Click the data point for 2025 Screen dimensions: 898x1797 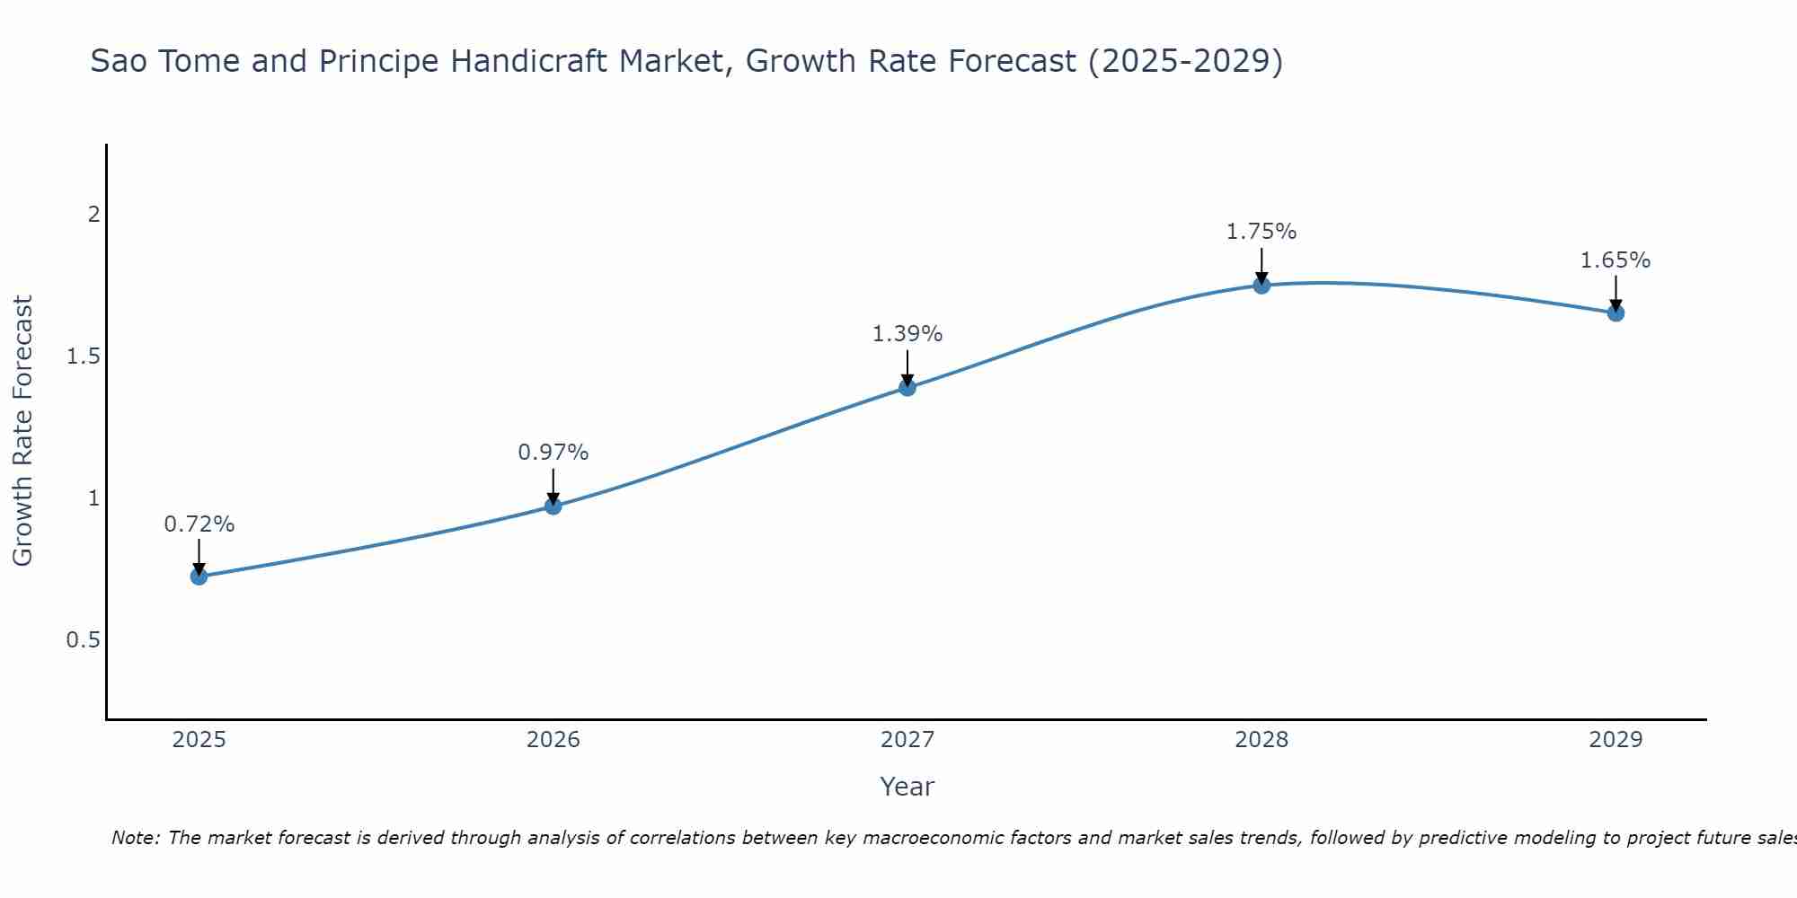[199, 577]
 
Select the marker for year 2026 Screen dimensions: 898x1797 [553, 506]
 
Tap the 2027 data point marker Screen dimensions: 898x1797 [907, 387]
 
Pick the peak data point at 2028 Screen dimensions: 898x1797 [1261, 286]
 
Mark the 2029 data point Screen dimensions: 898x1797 [1616, 313]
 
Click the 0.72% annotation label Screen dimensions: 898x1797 [199, 524]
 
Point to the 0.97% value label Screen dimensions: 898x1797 [553, 453]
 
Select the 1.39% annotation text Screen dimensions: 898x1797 [907, 334]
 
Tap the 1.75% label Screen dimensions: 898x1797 [1261, 232]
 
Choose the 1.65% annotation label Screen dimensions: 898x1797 [1616, 260]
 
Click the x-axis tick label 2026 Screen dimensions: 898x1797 [553, 740]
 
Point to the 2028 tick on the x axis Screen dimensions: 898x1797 [1261, 740]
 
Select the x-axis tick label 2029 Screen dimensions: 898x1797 [1616, 740]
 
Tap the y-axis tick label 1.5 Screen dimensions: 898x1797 [83, 357]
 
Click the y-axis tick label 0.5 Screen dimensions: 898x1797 [83, 640]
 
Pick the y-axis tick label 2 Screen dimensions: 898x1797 [93, 215]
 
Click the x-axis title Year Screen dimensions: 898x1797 [907, 787]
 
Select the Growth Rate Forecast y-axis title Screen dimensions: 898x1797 [23, 431]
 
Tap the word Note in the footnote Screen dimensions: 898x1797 [135, 838]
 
